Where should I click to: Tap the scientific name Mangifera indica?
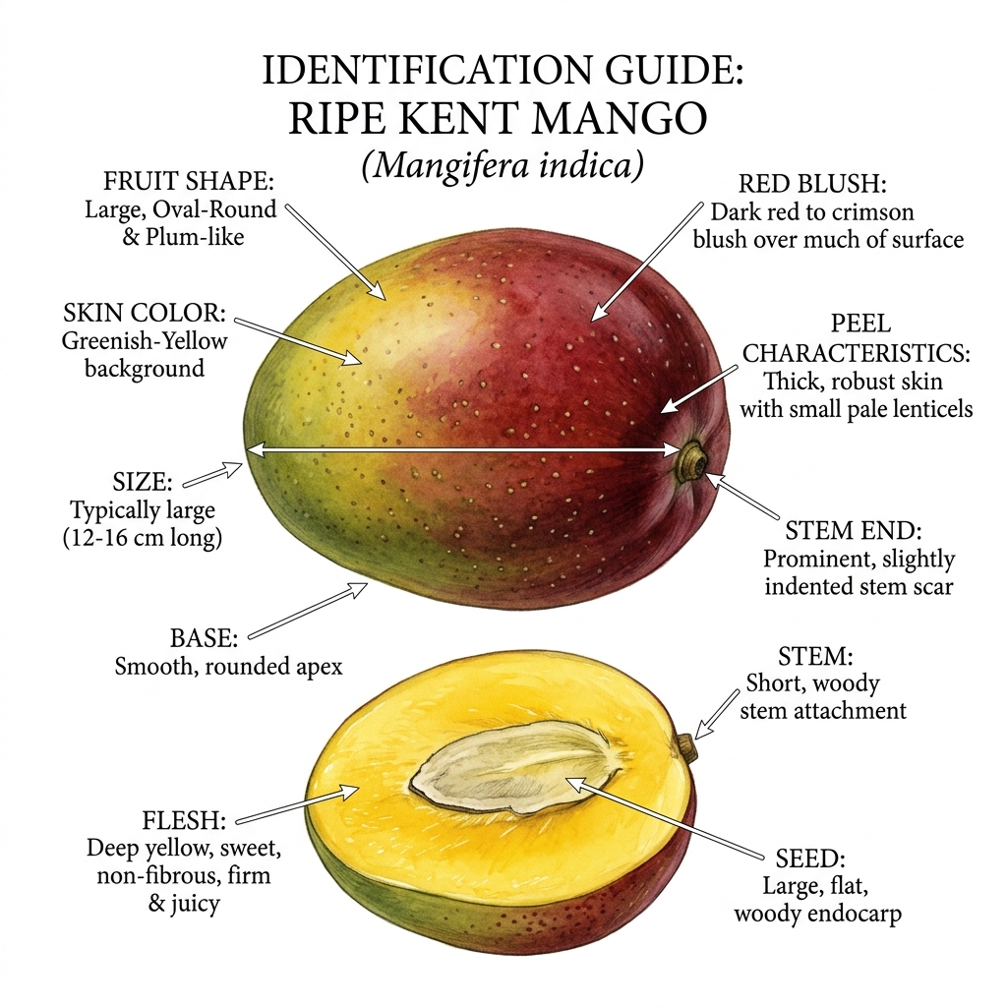503,165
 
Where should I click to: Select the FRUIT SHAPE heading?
189,181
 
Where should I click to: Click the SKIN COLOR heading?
145,313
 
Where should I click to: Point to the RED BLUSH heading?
812,184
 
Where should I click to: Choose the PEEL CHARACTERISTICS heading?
857,338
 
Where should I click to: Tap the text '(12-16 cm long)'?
143,538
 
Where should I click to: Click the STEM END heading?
854,531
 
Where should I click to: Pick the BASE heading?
204,638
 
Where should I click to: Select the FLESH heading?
184,820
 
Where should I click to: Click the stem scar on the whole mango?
694,460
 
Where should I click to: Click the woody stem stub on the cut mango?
686,748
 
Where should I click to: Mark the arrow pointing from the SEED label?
666,818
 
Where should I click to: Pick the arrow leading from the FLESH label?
297,804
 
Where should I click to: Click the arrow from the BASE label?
308,611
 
